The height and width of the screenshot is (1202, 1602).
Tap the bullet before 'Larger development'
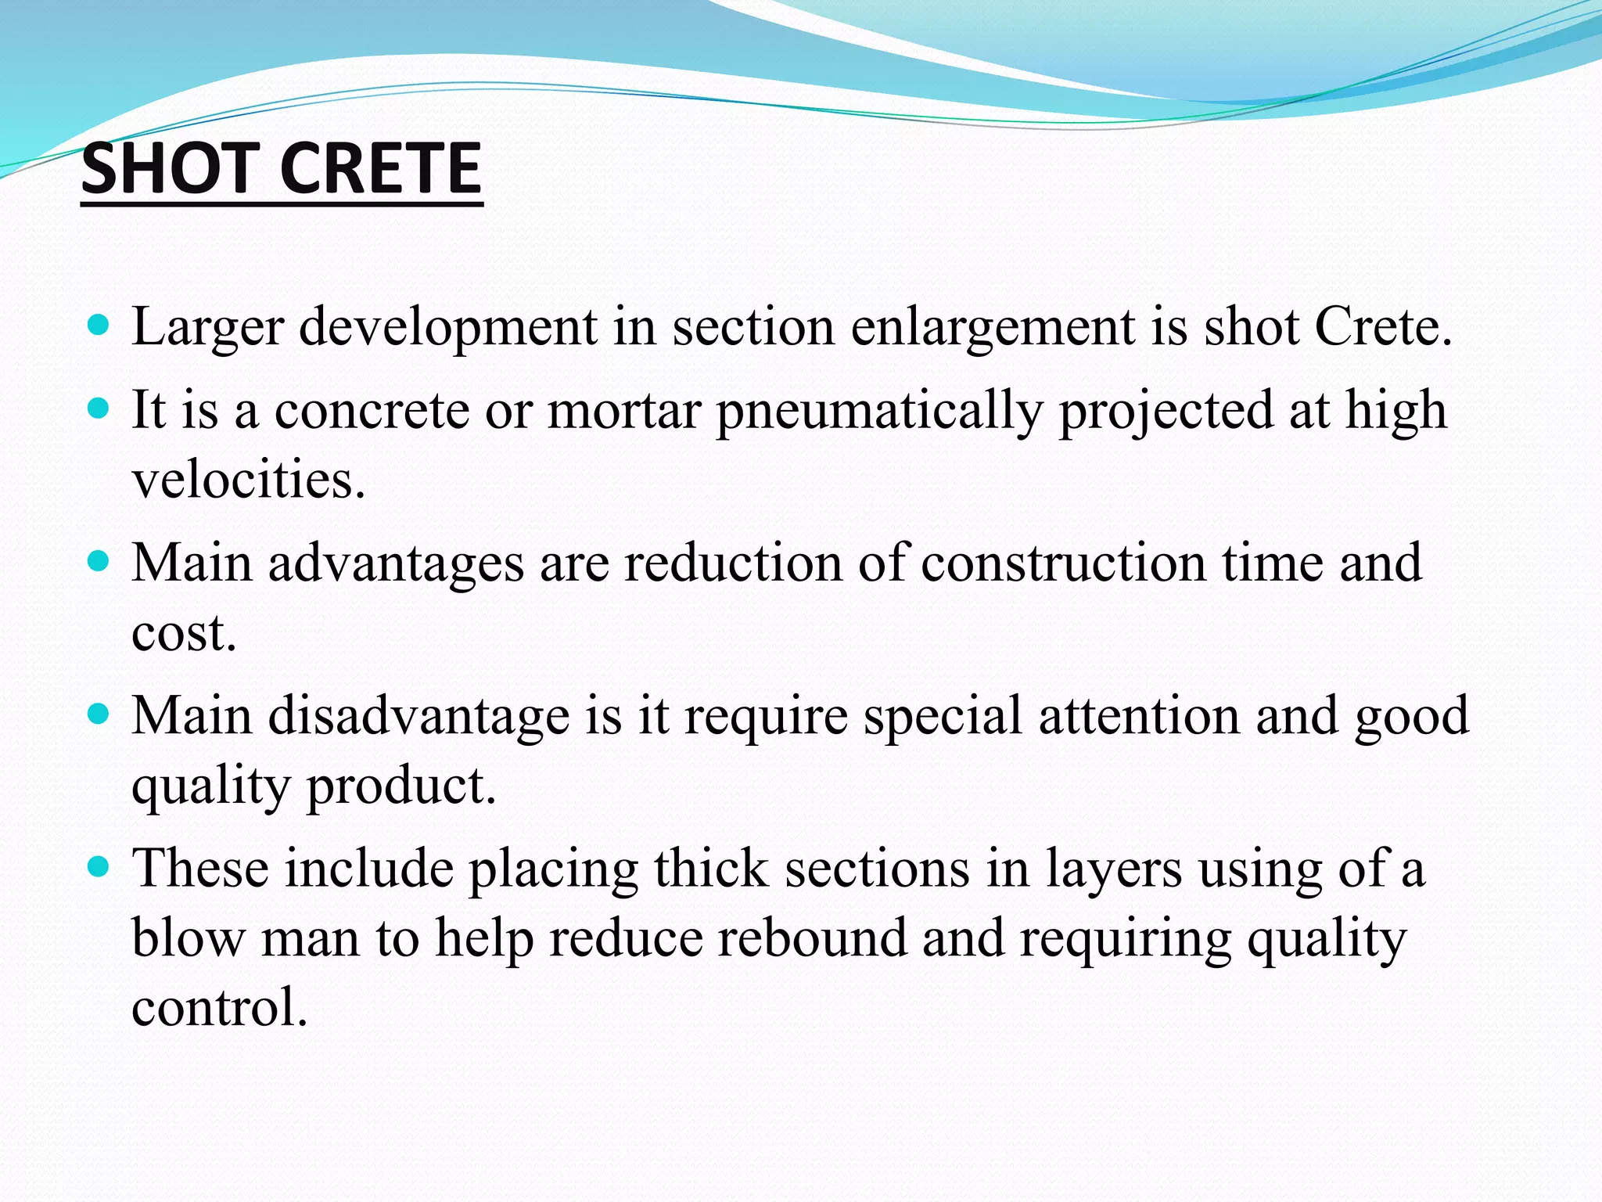pyautogui.click(x=98, y=324)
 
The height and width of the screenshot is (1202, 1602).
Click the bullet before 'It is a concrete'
pyautogui.click(x=98, y=408)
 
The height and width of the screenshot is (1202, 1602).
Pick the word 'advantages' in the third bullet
pyautogui.click(x=396, y=564)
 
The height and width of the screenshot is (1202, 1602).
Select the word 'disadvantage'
pyautogui.click(x=419, y=715)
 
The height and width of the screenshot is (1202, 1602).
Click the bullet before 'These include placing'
pyautogui.click(x=98, y=867)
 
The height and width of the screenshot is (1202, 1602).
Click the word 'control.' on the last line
pyautogui.click(x=220, y=1007)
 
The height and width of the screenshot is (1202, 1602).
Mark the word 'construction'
pyautogui.click(x=1064, y=563)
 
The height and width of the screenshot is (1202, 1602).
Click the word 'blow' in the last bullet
pyautogui.click(x=188, y=938)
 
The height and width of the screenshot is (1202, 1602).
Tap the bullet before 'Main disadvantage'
pyautogui.click(x=98, y=714)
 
